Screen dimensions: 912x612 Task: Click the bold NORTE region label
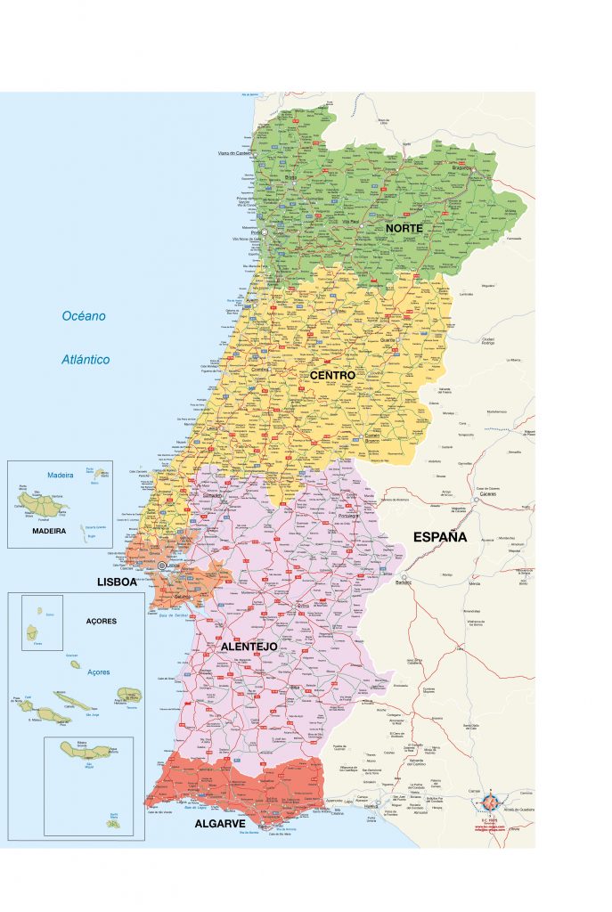(404, 229)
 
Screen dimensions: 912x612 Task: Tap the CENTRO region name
(332, 376)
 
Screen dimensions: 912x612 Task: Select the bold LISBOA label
(117, 582)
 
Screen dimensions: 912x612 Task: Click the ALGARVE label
(220, 825)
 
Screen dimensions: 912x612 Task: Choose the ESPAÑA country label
(440, 537)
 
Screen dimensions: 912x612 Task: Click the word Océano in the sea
(84, 316)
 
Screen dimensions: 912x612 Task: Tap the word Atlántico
(86, 360)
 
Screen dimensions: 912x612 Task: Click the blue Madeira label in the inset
(60, 475)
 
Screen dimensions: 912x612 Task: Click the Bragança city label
(461, 167)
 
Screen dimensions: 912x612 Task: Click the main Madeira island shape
(41, 505)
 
